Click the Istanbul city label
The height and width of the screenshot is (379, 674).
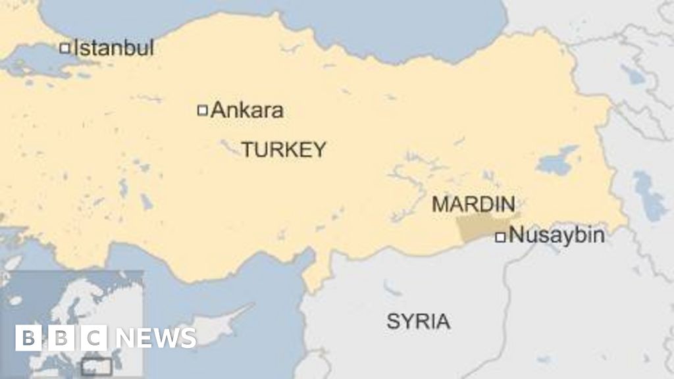(x=113, y=47)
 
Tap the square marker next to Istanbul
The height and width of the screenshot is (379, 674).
(x=65, y=47)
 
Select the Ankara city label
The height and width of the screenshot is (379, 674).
(x=247, y=110)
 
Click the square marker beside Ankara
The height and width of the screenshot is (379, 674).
(x=203, y=110)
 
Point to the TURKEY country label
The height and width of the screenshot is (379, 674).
(x=283, y=149)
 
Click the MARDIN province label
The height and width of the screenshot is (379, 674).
(x=473, y=204)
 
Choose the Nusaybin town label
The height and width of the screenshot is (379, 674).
(x=557, y=236)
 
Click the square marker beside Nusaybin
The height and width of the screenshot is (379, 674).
(x=500, y=237)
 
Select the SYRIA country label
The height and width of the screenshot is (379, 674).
(x=418, y=322)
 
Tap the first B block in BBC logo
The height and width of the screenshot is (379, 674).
(x=28, y=338)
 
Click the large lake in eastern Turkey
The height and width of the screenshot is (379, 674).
(x=556, y=161)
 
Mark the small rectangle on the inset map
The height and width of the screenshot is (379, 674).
(x=96, y=367)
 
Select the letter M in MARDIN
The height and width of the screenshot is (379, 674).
(x=439, y=204)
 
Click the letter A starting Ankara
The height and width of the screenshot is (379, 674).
(x=218, y=110)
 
